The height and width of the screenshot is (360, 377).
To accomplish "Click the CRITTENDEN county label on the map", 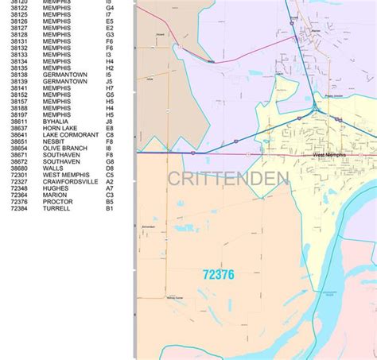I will click(227, 180).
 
